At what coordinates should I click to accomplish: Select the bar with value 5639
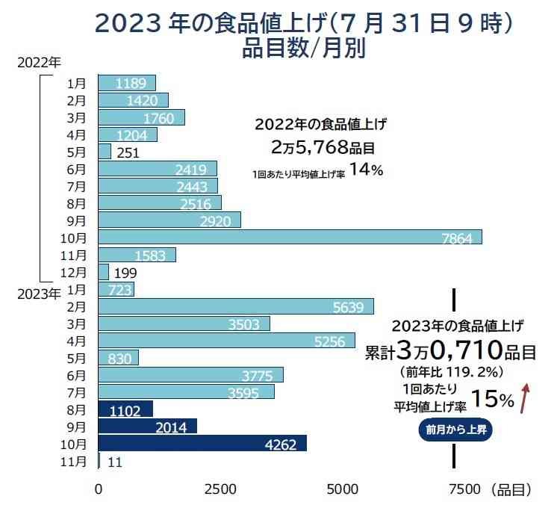pyautogui.click(x=236, y=306)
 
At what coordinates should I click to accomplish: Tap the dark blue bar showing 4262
pyautogui.click(x=202, y=444)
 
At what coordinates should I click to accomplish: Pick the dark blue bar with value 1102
pyautogui.click(x=125, y=409)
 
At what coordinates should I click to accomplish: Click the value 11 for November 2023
pyautogui.click(x=115, y=462)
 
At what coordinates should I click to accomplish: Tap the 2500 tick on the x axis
pyautogui.click(x=220, y=490)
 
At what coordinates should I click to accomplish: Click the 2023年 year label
pyautogui.click(x=38, y=294)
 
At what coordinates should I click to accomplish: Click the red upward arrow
pyautogui.click(x=526, y=397)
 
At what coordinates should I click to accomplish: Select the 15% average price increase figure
pyautogui.click(x=493, y=400)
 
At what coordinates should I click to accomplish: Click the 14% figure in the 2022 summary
pyautogui.click(x=366, y=170)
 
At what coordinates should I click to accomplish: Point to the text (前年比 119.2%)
pyautogui.click(x=455, y=371)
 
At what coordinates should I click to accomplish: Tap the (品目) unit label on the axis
pyautogui.click(x=511, y=490)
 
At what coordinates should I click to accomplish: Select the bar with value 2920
pyautogui.click(x=169, y=220)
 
